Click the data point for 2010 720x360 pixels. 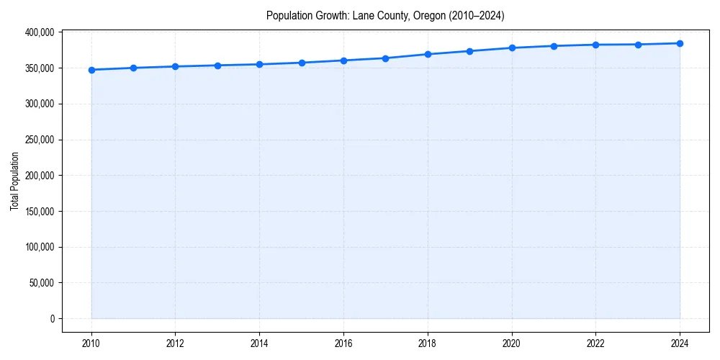(91, 70)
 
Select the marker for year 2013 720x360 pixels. (217, 66)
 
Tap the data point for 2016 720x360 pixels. (343, 60)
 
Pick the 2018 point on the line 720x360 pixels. (428, 54)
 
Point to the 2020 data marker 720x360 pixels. (512, 48)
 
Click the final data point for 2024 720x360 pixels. (680, 43)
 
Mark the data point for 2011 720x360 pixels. (133, 68)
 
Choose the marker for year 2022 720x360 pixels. (595, 45)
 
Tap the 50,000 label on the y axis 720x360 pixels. (41, 283)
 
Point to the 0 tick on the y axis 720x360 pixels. (52, 319)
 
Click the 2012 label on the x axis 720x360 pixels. (175, 343)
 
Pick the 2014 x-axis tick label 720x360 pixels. (259, 343)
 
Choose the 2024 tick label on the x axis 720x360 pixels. (680, 343)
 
